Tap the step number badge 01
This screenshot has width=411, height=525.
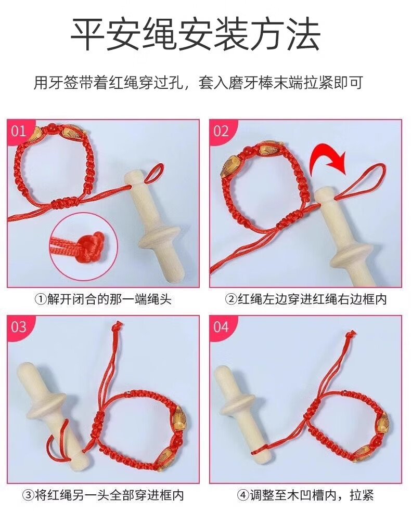tap(19, 130)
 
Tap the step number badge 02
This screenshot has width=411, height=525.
tap(222, 130)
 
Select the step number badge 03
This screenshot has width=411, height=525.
tap(19, 326)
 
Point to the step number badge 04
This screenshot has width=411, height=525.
tap(222, 326)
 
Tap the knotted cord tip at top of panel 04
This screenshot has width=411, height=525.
tap(350, 334)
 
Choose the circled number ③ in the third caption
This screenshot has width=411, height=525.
tap(28, 495)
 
